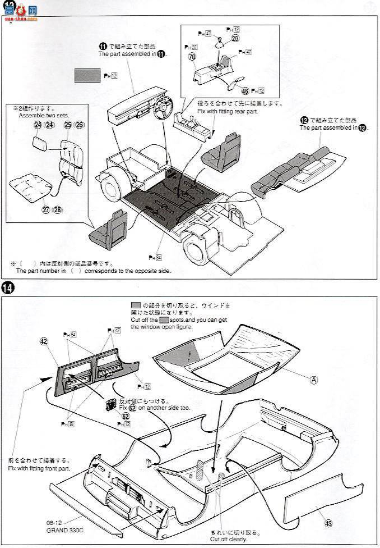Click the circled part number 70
pyautogui.click(x=192, y=57)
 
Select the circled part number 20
pyautogui.click(x=235, y=38)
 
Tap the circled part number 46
pyautogui.click(x=244, y=91)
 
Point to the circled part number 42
pyautogui.click(x=44, y=341)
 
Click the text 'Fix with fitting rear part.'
pyautogui.click(x=226, y=112)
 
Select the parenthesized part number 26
pyautogui.click(x=79, y=125)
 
